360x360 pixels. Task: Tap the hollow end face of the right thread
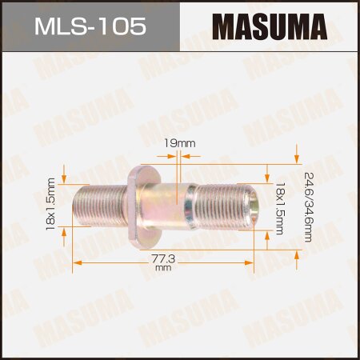(254, 206)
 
